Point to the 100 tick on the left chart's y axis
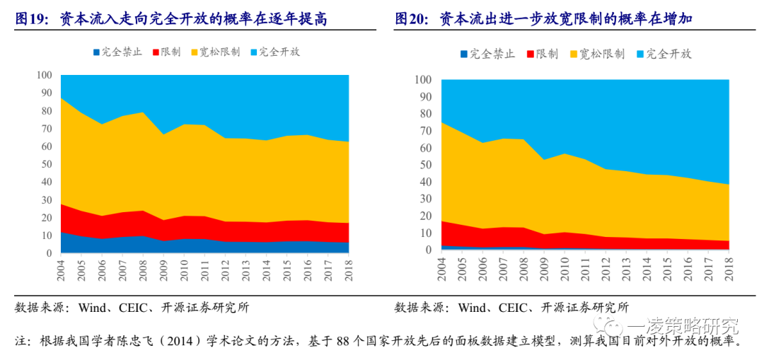coord(44,75)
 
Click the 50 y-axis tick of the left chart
coord(47,164)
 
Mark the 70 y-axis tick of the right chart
coord(426,131)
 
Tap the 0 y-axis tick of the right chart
coord(429,250)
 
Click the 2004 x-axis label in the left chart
coord(61,267)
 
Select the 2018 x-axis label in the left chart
coord(349,267)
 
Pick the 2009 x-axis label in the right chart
coord(544,265)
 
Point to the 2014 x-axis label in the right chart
coord(647,265)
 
